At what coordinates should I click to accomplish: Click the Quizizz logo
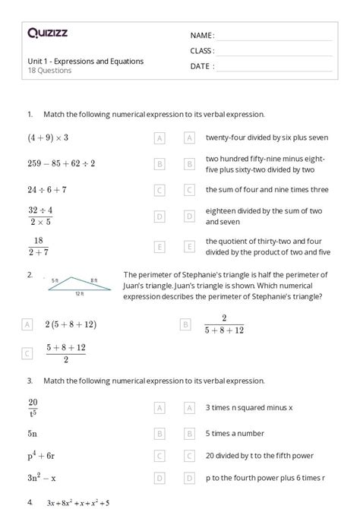46,33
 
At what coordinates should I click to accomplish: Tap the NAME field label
202,35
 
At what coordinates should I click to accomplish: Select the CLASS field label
202,50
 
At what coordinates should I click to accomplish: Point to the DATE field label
202,65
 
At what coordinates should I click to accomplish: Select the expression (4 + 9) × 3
48,138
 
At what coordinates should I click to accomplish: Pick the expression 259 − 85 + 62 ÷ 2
61,163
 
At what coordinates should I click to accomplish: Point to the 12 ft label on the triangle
80,292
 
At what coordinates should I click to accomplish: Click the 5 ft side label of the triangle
55,280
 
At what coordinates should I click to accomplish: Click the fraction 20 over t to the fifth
33,407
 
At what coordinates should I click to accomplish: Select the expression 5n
33,434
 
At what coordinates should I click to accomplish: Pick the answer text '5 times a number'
235,434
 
